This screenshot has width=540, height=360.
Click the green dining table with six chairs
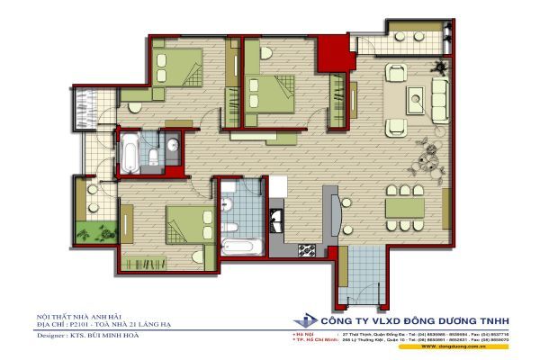pos(405,207)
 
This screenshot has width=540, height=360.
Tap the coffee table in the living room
pos(419,100)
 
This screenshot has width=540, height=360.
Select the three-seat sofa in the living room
pos(440,96)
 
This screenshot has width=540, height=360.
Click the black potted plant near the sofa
pos(439,66)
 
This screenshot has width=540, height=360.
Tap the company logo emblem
pos(306,321)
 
